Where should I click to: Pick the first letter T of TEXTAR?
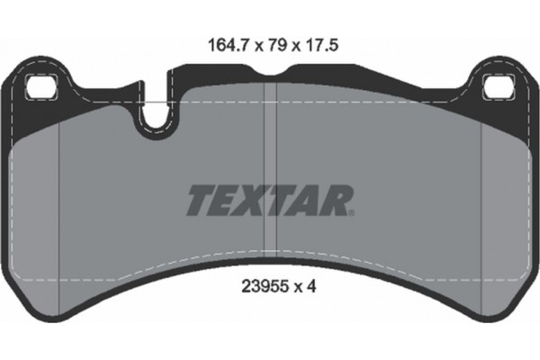click(x=201, y=200)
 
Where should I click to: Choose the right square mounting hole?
click(x=498, y=88)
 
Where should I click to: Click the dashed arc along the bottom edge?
click(x=270, y=251)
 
